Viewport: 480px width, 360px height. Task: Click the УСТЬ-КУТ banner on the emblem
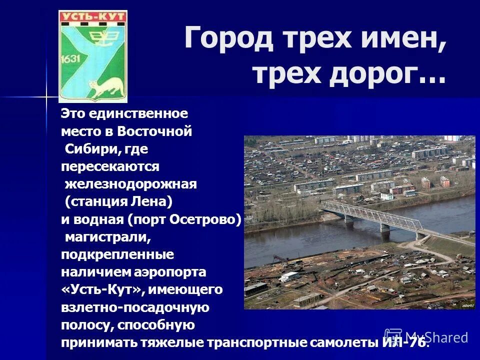tap(92, 17)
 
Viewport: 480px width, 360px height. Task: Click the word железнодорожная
tap(131, 184)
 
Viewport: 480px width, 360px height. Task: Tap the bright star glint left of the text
tap(46, 94)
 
